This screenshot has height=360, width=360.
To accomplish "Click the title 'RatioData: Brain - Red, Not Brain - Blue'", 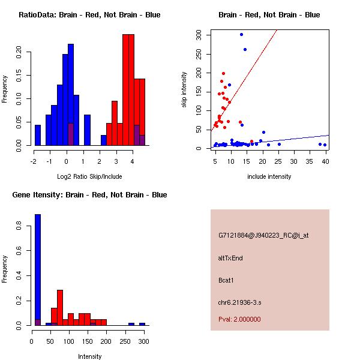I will pyautogui.click(x=89, y=15).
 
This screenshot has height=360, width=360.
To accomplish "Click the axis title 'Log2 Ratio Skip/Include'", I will pyautogui.click(x=89, y=176).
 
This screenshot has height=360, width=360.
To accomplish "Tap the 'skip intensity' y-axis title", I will pyautogui.click(x=184, y=90).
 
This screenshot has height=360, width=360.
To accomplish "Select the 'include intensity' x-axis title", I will pyautogui.click(x=269, y=176).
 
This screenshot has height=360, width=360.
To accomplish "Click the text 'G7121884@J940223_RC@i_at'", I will pyautogui.click(x=263, y=236).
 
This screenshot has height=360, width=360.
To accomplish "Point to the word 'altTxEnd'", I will pyautogui.click(x=230, y=258).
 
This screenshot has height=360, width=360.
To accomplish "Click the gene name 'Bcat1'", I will pyautogui.click(x=227, y=280).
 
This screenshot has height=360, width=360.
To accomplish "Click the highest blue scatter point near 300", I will pyautogui.click(x=241, y=34).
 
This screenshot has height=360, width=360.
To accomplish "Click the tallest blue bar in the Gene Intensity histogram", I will pyautogui.click(x=38, y=269).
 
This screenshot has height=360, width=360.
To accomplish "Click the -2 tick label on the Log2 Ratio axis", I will pyautogui.click(x=34, y=161).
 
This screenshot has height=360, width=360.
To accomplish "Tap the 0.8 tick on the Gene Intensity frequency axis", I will pyautogui.click(x=19, y=226).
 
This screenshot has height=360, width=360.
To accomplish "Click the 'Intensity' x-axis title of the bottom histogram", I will pyautogui.click(x=89, y=356).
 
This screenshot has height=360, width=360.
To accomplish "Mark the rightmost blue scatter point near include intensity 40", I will pyautogui.click(x=325, y=145).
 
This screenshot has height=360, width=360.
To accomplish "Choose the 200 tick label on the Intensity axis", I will pyautogui.click(x=106, y=341).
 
